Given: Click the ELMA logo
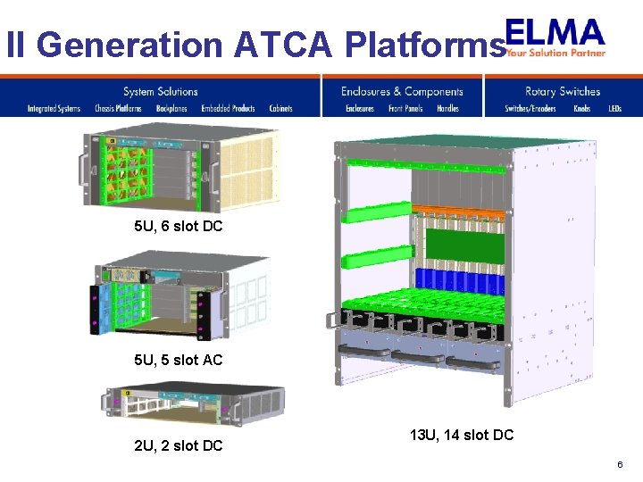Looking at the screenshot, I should click(555, 37).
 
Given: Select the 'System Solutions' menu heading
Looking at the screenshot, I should click(160, 91).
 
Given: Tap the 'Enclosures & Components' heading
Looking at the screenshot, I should click(402, 91).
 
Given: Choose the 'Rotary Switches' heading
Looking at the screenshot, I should click(563, 91).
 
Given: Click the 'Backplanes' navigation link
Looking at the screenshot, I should click(171, 109).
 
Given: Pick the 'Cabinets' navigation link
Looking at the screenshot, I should click(280, 109).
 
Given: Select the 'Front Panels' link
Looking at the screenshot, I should click(405, 109).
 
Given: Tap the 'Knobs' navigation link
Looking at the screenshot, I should click(582, 109).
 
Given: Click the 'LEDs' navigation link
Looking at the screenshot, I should click(614, 109).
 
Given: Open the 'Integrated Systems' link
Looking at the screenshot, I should click(54, 109).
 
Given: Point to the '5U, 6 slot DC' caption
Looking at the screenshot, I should click(178, 227).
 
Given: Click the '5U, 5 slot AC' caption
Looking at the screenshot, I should click(178, 360).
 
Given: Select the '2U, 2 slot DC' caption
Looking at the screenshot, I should click(178, 445).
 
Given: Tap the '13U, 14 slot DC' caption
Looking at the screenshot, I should click(462, 436).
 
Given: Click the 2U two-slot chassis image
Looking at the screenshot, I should click(195, 406).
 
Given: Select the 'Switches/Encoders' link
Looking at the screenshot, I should click(530, 109).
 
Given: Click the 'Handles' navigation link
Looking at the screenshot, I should click(447, 109).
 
